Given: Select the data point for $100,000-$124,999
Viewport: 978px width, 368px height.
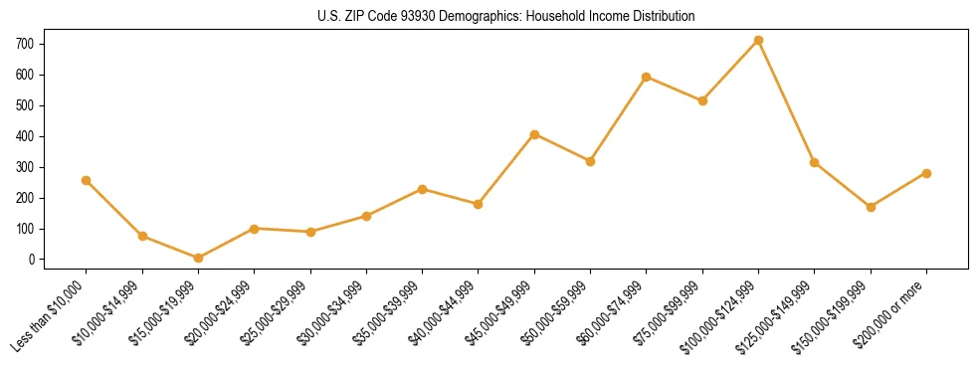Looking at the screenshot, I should click(x=758, y=41).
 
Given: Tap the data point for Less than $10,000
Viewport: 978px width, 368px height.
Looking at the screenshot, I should click(x=86, y=180).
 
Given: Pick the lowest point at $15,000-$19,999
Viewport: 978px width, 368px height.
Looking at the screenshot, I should click(x=198, y=258).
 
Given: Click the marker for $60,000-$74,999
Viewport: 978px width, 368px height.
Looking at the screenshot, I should click(x=647, y=77).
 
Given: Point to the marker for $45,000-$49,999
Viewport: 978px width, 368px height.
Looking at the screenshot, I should click(x=534, y=134).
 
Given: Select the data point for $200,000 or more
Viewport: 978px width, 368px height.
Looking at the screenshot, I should click(x=926, y=173).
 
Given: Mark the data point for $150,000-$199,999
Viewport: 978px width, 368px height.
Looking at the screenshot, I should click(x=871, y=207).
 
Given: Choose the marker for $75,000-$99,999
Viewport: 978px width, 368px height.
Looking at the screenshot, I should click(x=702, y=100).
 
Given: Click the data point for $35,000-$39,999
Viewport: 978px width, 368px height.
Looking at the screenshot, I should click(x=422, y=189).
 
